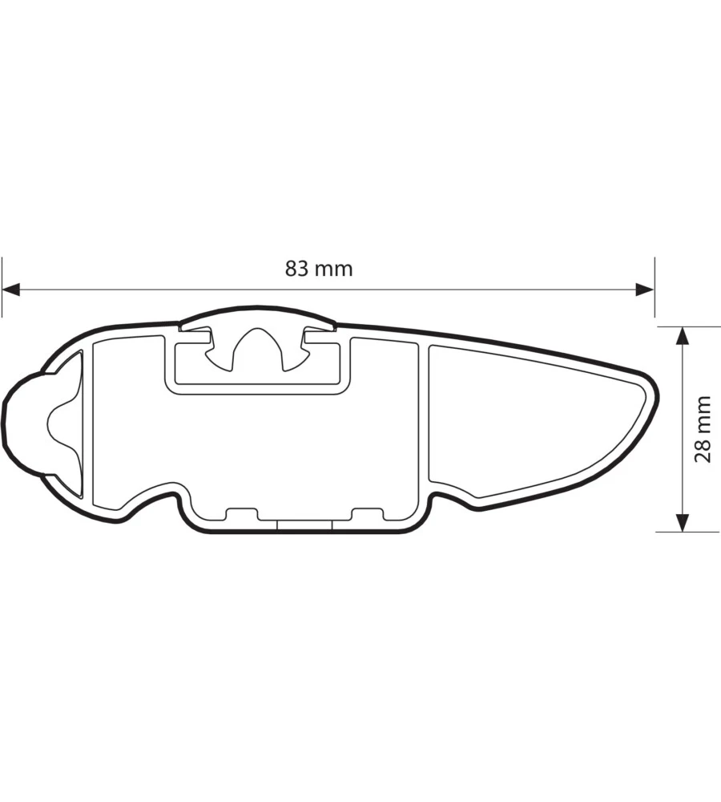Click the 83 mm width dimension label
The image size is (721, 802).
(319, 269)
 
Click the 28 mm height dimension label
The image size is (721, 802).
(703, 429)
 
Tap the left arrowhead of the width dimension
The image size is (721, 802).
(11, 290)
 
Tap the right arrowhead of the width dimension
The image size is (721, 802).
(645, 290)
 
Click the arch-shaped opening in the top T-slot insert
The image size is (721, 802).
(257, 349)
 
